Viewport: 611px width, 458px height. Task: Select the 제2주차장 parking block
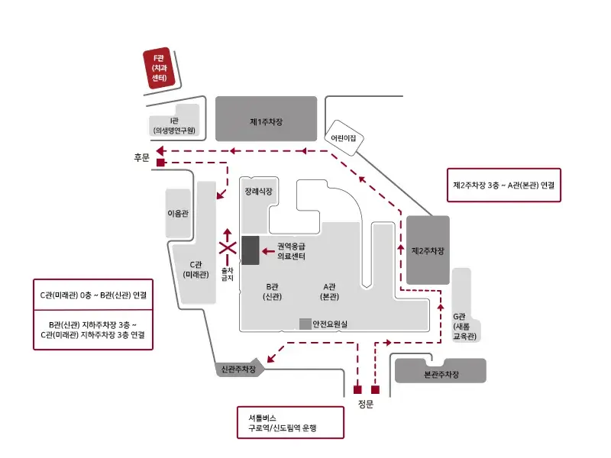[428, 250]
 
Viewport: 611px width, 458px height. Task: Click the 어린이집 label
[344, 137]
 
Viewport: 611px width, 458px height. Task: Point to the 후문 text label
[140, 157]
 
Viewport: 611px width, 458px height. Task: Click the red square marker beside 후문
[160, 163]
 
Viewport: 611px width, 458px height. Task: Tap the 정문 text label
[366, 404]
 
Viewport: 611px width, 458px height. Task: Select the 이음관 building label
[178, 213]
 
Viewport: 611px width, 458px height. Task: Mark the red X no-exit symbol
[227, 247]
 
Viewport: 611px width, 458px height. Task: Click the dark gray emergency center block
[250, 250]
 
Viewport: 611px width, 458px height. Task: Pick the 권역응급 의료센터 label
[291, 252]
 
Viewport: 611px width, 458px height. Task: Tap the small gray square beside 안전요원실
[305, 324]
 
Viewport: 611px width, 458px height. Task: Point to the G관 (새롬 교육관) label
[464, 326]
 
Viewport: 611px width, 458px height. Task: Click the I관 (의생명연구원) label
[174, 126]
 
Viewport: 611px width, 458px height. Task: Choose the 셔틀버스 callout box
[290, 423]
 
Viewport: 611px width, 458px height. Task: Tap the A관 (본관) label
[329, 290]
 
